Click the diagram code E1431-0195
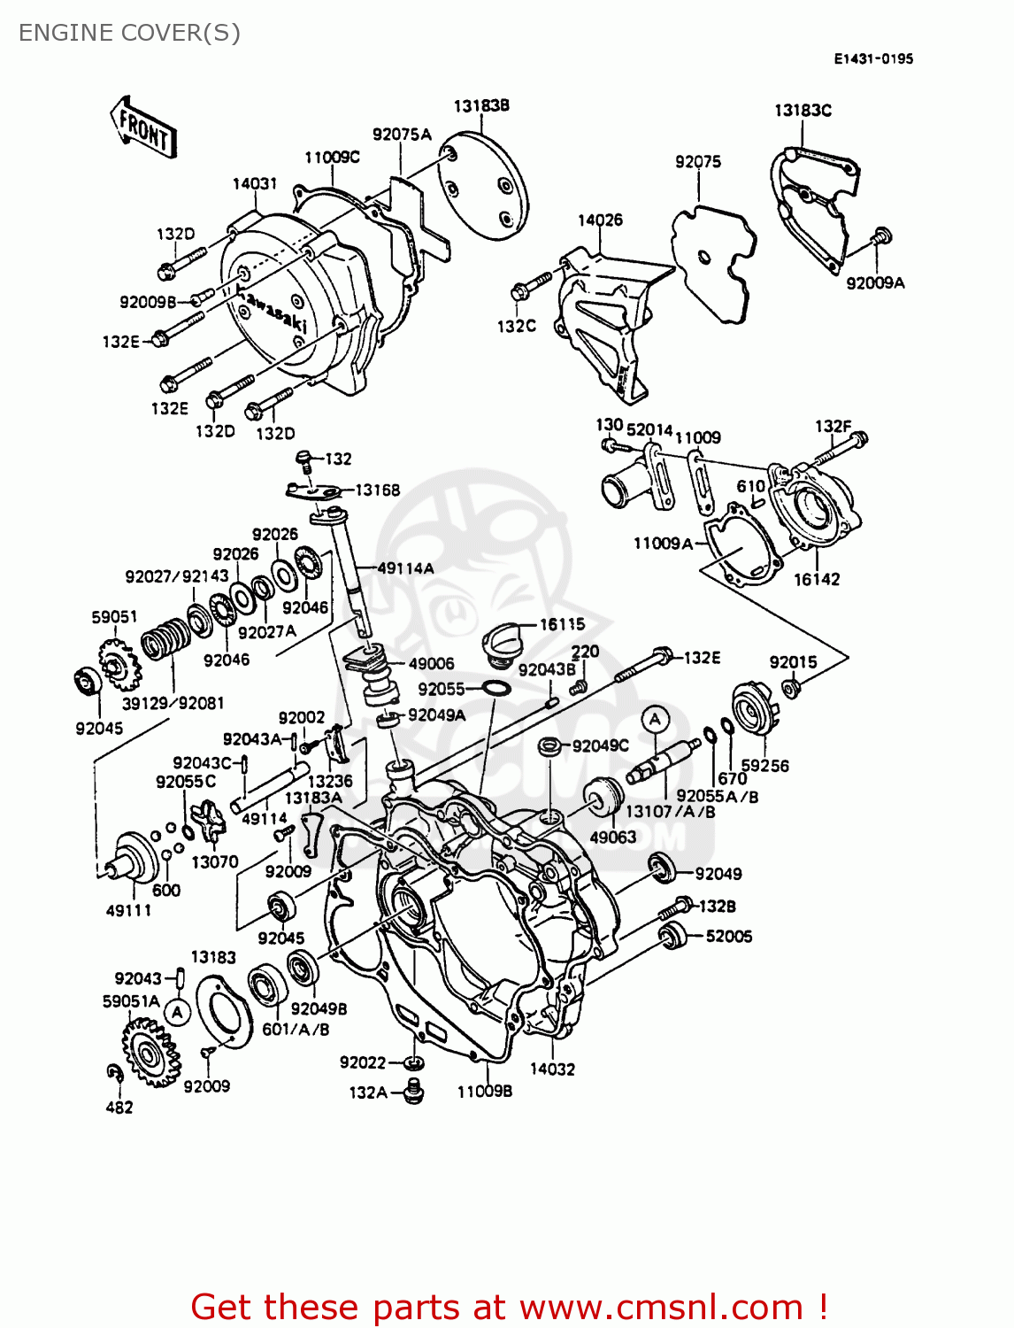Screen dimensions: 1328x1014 point(872,58)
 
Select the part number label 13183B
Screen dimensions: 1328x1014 point(481,105)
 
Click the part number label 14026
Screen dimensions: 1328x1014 point(600,220)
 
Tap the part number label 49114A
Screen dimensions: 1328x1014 point(405,568)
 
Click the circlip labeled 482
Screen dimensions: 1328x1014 point(114,1073)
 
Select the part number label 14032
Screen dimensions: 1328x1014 point(552,1069)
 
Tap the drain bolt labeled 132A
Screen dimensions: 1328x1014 point(412,1092)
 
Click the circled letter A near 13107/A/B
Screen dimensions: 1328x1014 point(655,720)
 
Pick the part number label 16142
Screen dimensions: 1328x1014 point(816,579)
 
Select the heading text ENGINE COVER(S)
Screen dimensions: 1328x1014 point(129,33)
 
